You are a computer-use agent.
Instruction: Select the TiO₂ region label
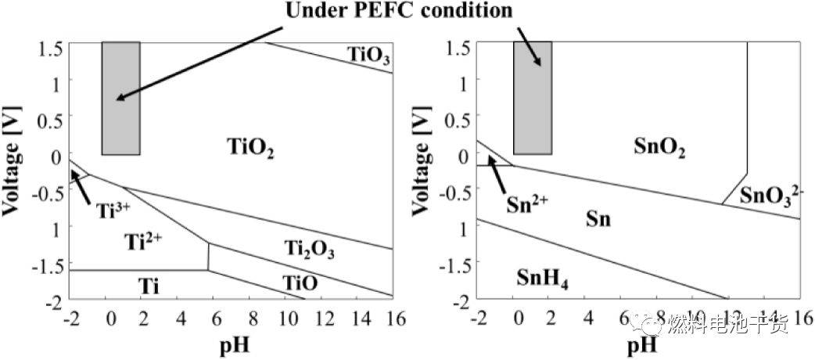251,146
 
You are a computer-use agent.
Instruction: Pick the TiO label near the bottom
300,284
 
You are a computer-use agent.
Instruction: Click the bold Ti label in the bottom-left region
149,286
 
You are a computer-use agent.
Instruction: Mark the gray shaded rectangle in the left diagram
121,98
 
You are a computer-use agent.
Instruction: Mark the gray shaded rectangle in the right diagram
532,98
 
